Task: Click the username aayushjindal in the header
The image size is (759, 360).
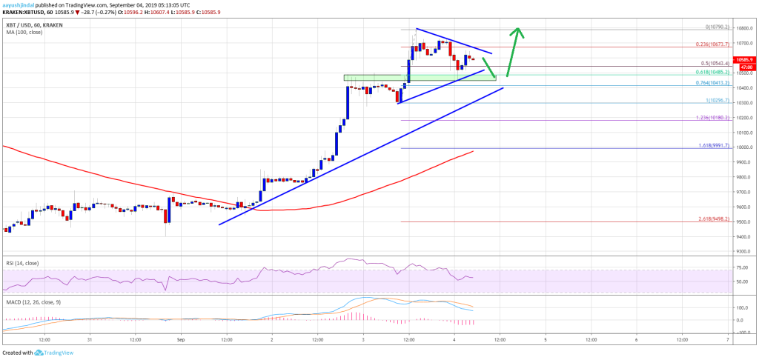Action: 21,4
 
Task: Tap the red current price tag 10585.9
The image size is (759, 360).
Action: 743,59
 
